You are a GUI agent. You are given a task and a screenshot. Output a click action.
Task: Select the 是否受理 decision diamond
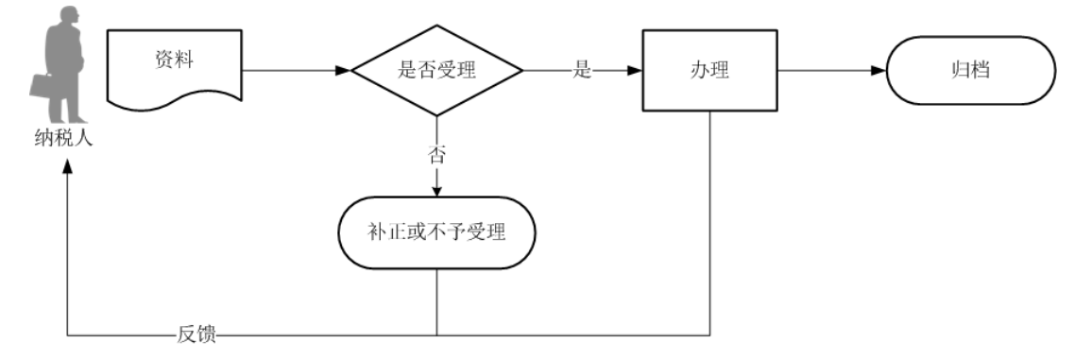436,71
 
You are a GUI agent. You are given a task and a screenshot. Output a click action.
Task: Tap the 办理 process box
708,71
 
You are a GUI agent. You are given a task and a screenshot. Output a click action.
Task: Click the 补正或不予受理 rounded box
436,232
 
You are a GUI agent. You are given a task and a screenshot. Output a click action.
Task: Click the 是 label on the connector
582,71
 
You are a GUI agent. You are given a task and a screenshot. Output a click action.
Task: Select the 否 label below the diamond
436,156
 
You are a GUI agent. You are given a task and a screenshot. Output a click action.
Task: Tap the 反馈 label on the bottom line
196,335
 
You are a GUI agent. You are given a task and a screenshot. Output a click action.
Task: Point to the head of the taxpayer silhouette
68,20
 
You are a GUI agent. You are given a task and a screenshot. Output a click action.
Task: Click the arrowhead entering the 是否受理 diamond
344,71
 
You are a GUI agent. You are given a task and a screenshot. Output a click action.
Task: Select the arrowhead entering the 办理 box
636,71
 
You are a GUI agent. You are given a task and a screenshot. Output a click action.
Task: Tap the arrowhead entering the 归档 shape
880,71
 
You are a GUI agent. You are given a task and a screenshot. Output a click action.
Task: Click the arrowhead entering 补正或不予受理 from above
436,191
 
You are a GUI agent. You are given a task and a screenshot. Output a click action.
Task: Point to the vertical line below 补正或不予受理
436,302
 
